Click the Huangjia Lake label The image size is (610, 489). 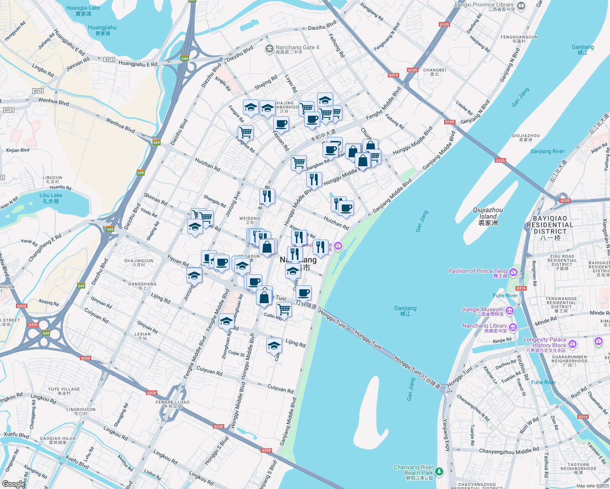point(83,11)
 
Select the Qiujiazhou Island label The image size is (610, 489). point(488,216)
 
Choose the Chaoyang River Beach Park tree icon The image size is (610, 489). point(439,471)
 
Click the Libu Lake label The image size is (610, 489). point(51,198)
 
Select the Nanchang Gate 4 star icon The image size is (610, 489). point(269,49)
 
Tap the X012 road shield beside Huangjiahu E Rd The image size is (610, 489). point(109,59)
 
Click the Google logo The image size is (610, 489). point(13,484)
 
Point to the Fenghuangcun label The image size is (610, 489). point(519,39)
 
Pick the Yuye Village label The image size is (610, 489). point(64,391)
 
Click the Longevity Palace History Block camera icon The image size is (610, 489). point(572,344)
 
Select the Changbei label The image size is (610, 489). point(435,72)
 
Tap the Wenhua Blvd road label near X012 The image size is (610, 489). point(53,101)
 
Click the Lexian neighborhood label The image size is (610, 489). point(143,336)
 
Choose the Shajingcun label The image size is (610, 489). point(139,262)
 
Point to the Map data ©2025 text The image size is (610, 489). point(592,486)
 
